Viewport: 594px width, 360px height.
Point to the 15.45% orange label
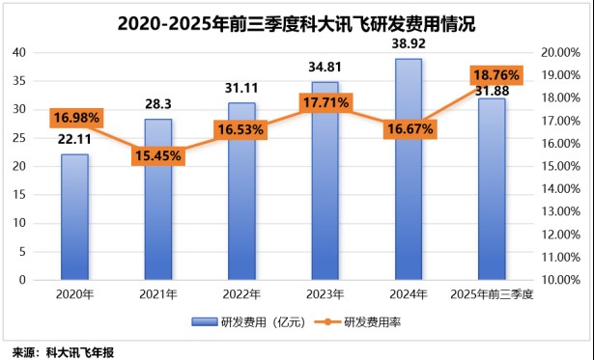(158, 153)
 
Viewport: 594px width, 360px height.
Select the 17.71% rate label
(325, 102)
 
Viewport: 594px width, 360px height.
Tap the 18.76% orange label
(495, 75)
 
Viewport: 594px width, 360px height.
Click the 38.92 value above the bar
(409, 44)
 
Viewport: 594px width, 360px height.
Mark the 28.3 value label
(157, 105)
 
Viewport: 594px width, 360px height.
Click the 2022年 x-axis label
(241, 293)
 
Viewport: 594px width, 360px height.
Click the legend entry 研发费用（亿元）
(251, 321)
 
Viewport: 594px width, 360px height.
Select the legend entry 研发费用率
(372, 321)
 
